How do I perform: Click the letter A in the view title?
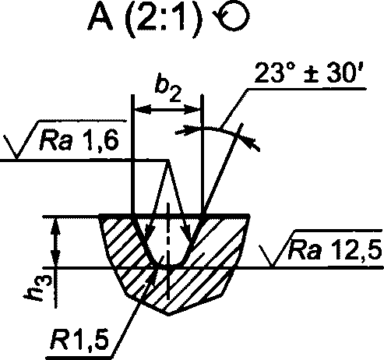[100, 17]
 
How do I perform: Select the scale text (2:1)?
[164, 18]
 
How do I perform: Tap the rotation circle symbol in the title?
[231, 17]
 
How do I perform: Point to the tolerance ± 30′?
[336, 72]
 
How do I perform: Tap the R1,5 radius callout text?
[79, 340]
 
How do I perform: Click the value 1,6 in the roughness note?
[100, 140]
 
